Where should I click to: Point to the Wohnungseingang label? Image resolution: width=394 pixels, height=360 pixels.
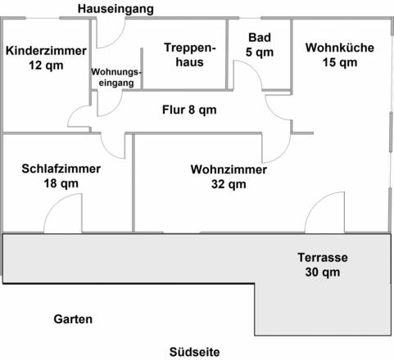tap(115, 77)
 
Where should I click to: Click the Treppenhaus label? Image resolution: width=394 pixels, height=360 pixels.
tap(189, 55)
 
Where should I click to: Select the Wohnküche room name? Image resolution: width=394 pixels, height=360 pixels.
tap(339, 47)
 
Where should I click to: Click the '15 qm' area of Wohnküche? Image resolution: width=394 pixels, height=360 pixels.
tap(339, 62)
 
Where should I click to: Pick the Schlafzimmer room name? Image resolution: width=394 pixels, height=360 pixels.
tap(61, 169)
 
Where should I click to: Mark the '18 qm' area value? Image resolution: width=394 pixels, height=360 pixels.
tap(61, 184)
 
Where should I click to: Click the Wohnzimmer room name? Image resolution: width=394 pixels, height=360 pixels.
tap(229, 170)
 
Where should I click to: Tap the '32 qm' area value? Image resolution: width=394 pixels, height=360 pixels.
tap(229, 185)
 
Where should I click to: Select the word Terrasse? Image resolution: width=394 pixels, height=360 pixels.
tap(323, 257)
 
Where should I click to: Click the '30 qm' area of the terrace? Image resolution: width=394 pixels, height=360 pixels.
tap(323, 272)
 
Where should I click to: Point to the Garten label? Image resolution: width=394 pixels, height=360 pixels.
tap(73, 319)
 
